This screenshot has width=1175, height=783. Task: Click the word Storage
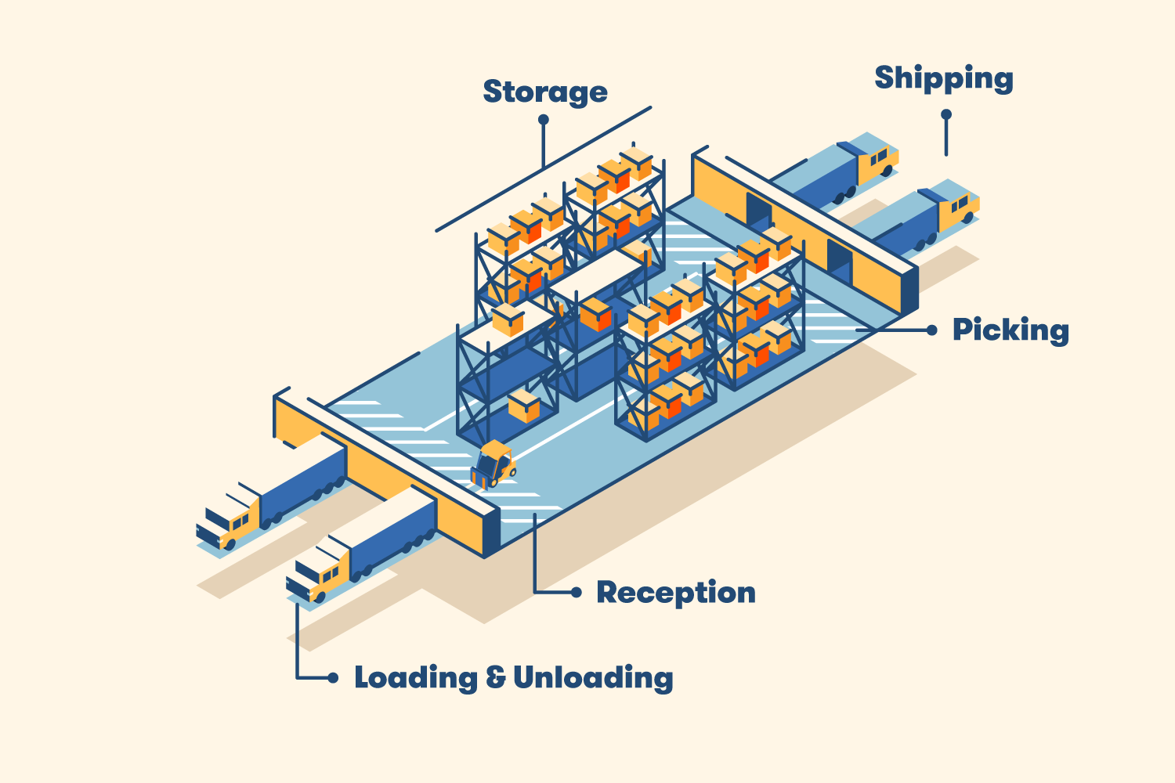tap(544, 92)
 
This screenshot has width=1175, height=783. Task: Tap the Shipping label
tap(943, 78)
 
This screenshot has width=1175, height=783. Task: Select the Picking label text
tap(1010, 330)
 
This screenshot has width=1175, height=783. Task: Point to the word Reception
tap(676, 593)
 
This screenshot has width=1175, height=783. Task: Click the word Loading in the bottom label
tap(415, 677)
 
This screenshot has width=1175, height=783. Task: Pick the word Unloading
tap(593, 677)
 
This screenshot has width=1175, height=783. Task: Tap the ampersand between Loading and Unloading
tap(495, 677)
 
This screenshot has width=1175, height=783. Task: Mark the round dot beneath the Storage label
tap(543, 120)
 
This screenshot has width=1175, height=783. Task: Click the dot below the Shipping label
tap(946, 114)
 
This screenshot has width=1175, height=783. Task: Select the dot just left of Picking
tap(931, 330)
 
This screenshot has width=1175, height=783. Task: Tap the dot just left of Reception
tap(577, 593)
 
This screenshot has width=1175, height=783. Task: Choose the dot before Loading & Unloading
tap(333, 677)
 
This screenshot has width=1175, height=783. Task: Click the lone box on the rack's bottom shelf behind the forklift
tap(524, 406)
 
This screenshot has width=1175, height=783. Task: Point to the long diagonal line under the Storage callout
tap(543, 169)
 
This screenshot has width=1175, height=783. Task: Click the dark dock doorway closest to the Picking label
tap(839, 262)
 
